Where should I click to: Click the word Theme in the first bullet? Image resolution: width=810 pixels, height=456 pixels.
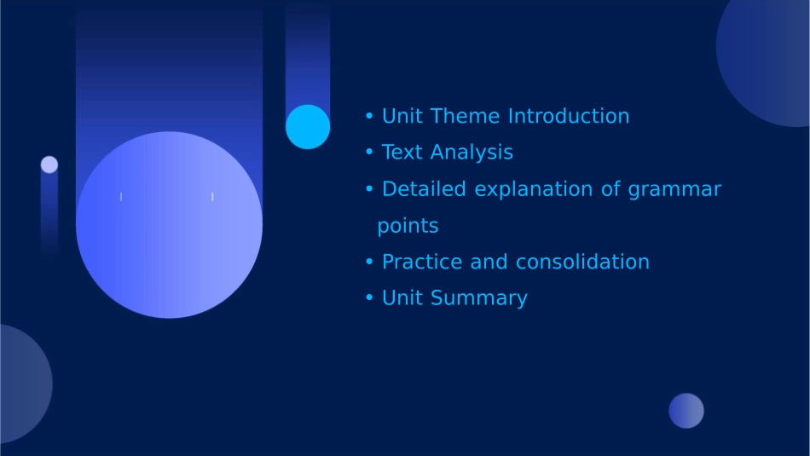(x=465, y=116)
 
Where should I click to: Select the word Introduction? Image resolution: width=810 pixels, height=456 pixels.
(x=569, y=116)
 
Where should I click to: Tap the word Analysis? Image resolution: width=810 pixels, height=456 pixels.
(x=472, y=153)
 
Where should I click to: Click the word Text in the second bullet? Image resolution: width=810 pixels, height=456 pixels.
(x=402, y=153)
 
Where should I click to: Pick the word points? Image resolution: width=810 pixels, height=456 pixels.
(x=408, y=226)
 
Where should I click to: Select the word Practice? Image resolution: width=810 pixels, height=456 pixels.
(x=422, y=262)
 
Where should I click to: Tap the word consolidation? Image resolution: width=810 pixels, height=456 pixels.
(x=582, y=262)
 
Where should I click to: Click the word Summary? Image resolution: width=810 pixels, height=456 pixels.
(x=479, y=298)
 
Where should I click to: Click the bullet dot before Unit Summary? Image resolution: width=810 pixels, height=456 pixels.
(x=369, y=298)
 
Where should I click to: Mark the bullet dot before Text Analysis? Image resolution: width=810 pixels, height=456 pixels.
(x=369, y=152)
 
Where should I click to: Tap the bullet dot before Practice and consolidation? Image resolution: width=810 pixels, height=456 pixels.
(x=369, y=262)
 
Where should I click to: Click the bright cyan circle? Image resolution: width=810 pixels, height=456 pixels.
(x=308, y=127)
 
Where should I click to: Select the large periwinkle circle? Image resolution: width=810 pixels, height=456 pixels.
(x=169, y=225)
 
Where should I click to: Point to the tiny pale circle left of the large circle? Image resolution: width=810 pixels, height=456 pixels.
(x=49, y=165)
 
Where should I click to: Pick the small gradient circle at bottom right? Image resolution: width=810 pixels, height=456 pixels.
(x=686, y=411)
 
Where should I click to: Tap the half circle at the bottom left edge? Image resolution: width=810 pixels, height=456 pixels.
(x=23, y=384)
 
